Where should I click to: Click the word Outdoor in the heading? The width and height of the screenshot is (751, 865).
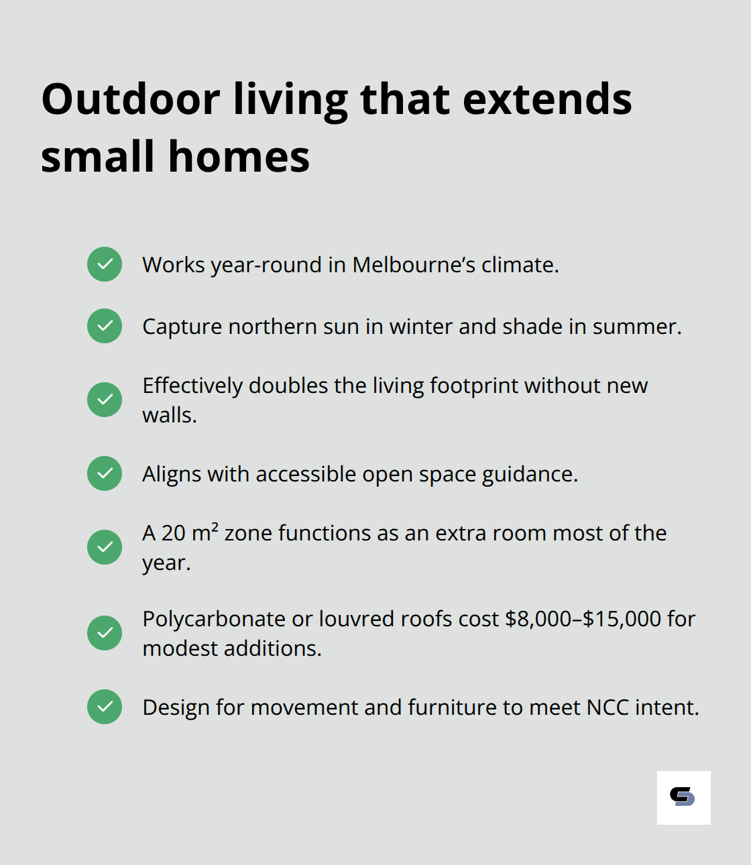[x=131, y=99]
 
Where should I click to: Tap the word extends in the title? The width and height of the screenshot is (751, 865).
[x=547, y=99]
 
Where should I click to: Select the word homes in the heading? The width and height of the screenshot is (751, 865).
[x=239, y=157]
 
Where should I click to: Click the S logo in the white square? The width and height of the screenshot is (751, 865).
[x=683, y=797]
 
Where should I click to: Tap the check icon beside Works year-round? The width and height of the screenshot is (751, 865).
[x=105, y=264]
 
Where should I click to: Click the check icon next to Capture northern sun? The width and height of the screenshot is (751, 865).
[x=105, y=326]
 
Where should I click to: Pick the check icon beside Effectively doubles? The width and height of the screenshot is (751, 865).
[x=105, y=400]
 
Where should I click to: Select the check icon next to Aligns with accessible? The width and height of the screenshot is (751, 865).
[x=105, y=473]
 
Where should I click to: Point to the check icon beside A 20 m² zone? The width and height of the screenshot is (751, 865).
[x=105, y=547]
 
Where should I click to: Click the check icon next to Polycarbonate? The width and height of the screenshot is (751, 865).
[x=105, y=633]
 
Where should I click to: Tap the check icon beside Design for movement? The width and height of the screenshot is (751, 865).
[x=105, y=707]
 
